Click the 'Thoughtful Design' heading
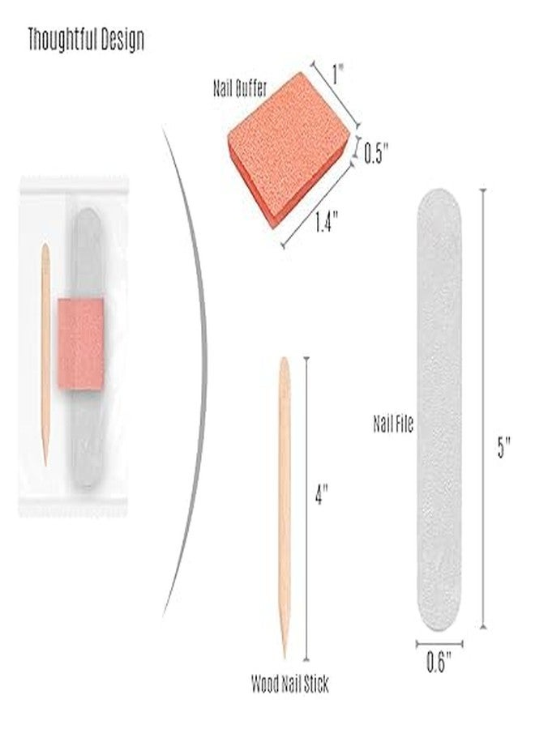86,39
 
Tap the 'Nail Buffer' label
240,87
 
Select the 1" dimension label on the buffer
338,74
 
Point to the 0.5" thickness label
375,153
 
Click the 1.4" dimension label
326,221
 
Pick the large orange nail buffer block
289,149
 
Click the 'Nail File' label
393,424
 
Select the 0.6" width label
439,662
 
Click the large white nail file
439,410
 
